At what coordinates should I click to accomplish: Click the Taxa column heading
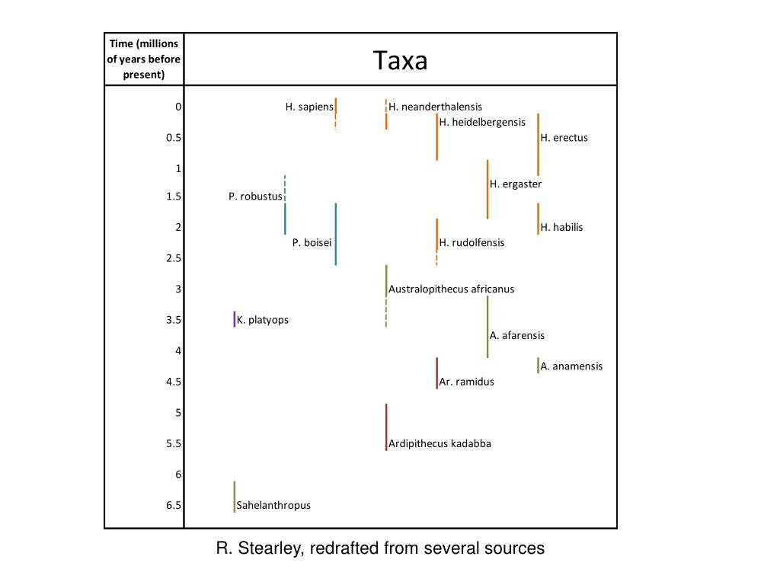(x=400, y=60)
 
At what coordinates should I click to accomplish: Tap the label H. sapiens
(x=309, y=107)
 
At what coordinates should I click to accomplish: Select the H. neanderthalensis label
(x=435, y=107)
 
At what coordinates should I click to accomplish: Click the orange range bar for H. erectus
(x=539, y=145)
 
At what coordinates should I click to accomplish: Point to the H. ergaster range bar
(x=487, y=189)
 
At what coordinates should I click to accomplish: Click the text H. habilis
(x=561, y=227)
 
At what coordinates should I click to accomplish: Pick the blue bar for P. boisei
(x=335, y=233)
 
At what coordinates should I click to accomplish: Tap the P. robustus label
(x=255, y=197)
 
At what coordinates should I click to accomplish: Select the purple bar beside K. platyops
(x=235, y=319)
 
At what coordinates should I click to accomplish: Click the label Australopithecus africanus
(x=451, y=289)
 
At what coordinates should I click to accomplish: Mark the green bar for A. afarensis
(x=487, y=327)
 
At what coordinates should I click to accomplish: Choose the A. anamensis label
(x=571, y=366)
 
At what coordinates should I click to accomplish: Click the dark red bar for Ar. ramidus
(x=436, y=372)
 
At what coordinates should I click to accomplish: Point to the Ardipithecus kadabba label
(x=440, y=444)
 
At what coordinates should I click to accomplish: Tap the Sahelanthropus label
(x=273, y=506)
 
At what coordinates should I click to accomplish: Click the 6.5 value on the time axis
(x=174, y=506)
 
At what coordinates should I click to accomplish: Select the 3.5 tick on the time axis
(x=174, y=321)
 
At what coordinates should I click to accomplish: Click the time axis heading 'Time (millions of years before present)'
(x=144, y=59)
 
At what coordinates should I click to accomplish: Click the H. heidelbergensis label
(x=482, y=123)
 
